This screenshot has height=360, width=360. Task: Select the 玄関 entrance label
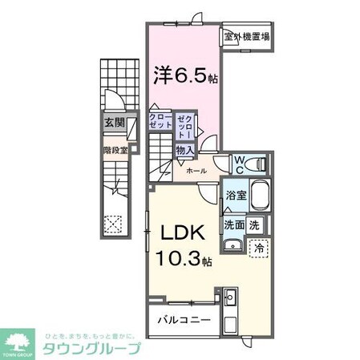[x=113, y=123]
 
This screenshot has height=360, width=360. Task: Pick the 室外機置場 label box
[x=246, y=37]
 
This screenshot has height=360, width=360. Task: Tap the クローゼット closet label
[x=160, y=122]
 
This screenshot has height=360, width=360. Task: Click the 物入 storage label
[x=184, y=149]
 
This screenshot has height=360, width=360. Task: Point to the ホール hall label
[x=195, y=171]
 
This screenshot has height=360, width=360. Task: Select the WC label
[x=239, y=164]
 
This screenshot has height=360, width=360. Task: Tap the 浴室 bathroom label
[x=235, y=194]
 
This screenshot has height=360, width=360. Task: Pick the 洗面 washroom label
[x=233, y=224]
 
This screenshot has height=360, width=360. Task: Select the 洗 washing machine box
[x=254, y=224]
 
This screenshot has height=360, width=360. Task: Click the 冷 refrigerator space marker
[x=259, y=247]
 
